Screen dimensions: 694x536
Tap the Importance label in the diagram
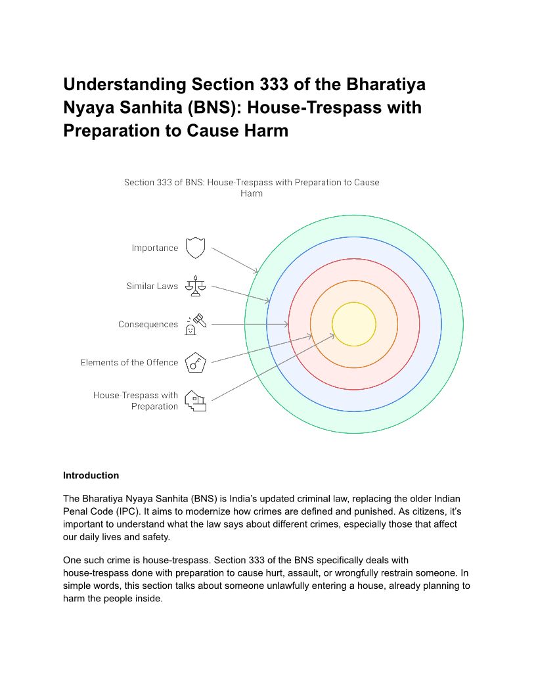(154, 248)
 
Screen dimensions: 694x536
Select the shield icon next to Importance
(196, 248)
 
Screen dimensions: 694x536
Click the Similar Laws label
(152, 286)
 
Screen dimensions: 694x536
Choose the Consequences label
(148, 324)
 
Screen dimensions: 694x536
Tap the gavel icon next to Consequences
(195, 324)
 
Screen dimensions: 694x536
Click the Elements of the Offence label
(129, 362)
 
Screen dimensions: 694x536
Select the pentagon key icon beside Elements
(195, 362)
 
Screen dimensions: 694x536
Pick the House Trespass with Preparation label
(136, 400)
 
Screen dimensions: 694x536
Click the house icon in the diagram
(195, 400)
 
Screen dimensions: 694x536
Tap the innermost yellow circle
(354, 324)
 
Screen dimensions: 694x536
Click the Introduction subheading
(91, 475)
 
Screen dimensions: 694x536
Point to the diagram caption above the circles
(252, 187)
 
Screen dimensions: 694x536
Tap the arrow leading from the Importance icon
(234, 260)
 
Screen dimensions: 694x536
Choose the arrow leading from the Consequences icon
(250, 324)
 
